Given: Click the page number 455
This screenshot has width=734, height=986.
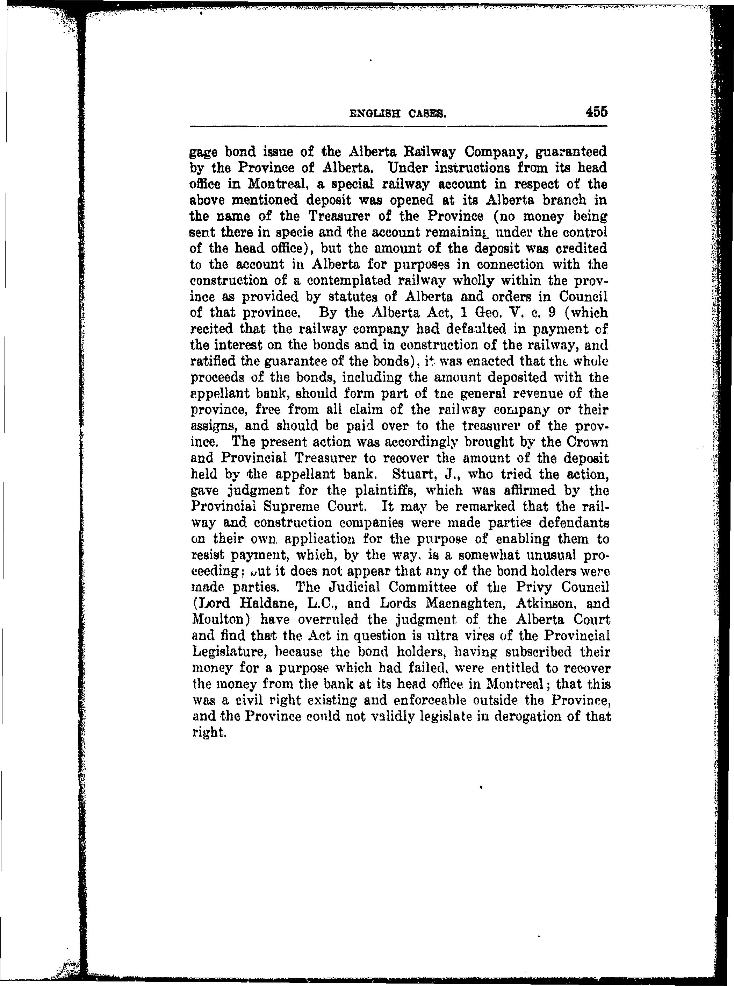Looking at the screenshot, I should [x=596, y=112].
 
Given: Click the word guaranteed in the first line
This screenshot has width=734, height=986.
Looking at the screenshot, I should [x=571, y=152].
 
